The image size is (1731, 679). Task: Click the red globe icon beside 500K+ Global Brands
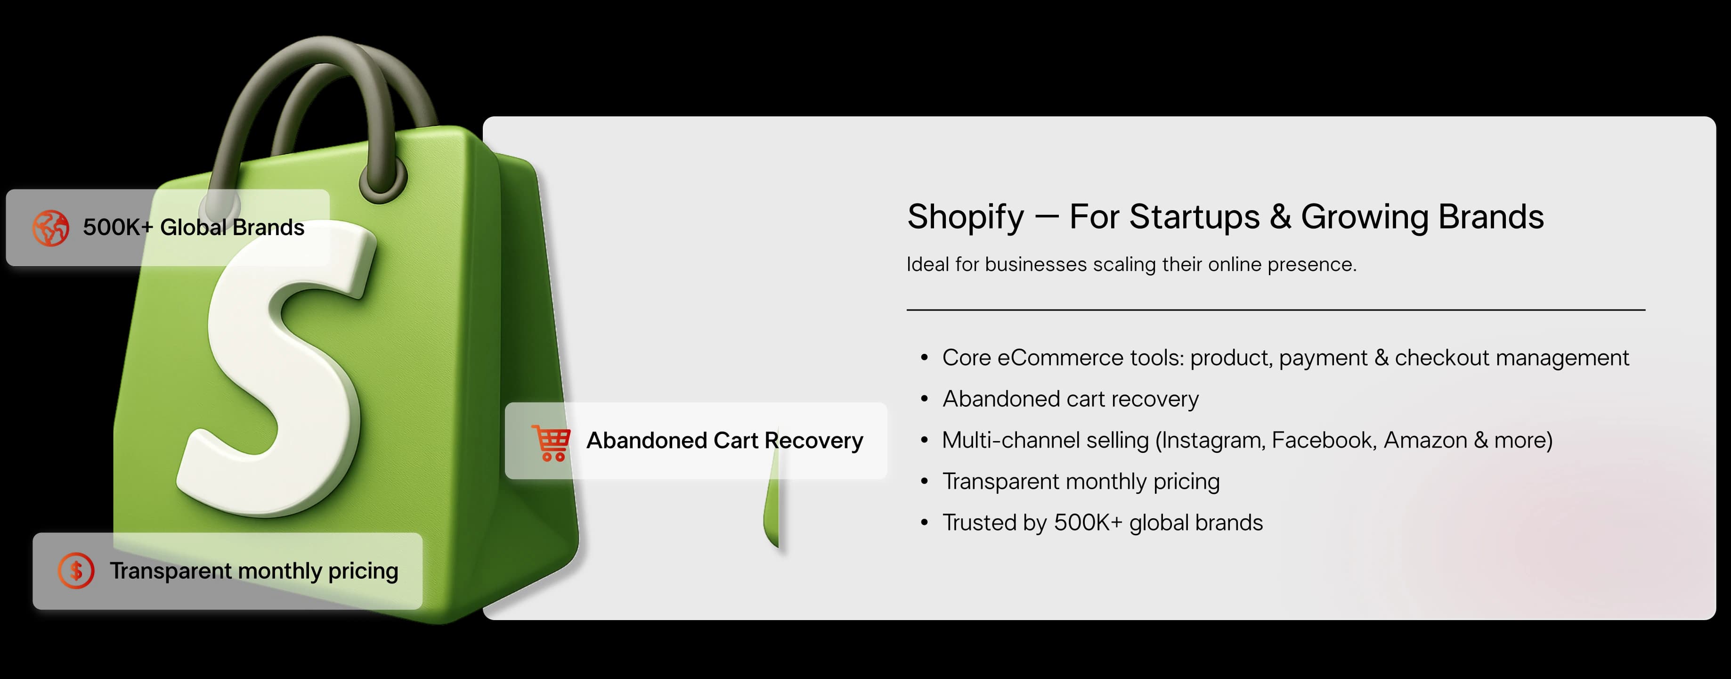[x=50, y=228]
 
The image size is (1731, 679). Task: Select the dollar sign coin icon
[x=76, y=571]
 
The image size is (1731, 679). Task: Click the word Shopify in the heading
[x=965, y=217]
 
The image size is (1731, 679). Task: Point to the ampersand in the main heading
[x=1280, y=217]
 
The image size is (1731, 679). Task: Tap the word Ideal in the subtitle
[x=927, y=264]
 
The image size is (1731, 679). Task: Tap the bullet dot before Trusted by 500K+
[x=925, y=523]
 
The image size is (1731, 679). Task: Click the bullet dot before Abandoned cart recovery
[x=925, y=399]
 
